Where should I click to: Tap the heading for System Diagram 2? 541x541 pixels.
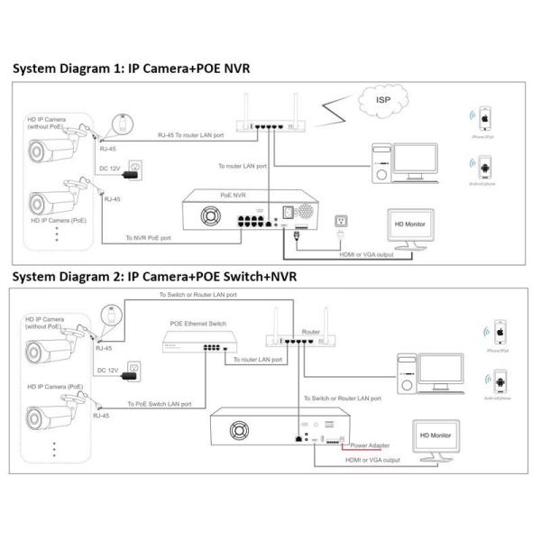[x=153, y=275]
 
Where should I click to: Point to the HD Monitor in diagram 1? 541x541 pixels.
[x=409, y=227]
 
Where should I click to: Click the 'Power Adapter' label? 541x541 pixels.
[x=370, y=445]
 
